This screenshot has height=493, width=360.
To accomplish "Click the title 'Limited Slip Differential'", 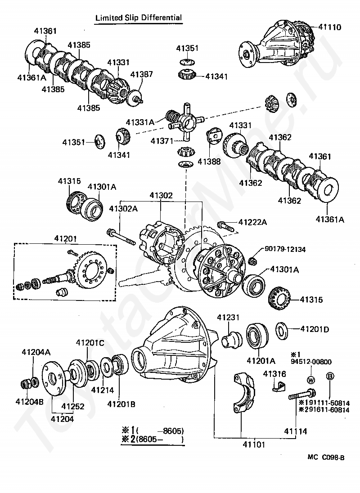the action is [139, 18].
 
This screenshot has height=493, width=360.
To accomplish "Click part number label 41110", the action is [329, 27].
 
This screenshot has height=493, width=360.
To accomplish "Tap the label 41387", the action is [142, 74].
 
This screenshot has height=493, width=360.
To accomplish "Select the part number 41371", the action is [162, 141].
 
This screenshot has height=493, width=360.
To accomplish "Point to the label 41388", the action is [209, 161].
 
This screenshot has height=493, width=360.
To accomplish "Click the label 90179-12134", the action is [285, 249].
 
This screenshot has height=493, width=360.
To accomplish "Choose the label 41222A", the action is [252, 222].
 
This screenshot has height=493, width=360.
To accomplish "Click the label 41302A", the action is [123, 208].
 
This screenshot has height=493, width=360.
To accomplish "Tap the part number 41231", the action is [228, 318].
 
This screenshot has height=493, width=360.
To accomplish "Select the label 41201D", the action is [315, 329].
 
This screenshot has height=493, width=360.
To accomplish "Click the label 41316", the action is [274, 374].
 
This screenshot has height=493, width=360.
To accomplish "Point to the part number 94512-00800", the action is [311, 362].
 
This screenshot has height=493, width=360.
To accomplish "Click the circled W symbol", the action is [310, 380].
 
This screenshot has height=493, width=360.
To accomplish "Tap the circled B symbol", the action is [330, 376].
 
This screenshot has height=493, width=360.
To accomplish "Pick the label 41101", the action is [254, 444].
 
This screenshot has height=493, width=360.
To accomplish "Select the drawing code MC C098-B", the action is [326, 457].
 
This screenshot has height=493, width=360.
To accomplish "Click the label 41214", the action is [103, 390].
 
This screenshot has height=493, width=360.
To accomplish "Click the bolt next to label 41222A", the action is [225, 226].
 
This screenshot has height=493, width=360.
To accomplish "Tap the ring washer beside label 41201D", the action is [282, 331].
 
